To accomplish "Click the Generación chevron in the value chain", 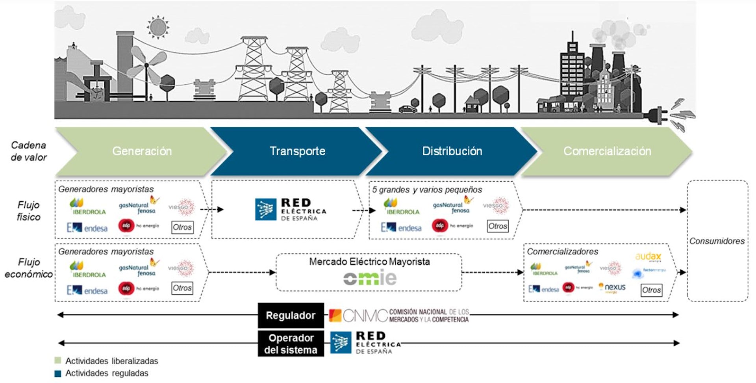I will [x=142, y=151].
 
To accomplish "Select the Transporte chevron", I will [x=297, y=151].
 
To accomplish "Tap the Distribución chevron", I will [x=452, y=151].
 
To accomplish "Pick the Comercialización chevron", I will [x=607, y=151].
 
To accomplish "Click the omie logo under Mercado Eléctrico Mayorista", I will [x=370, y=278].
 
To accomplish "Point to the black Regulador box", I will [x=291, y=315].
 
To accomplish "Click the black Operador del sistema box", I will [x=291, y=344].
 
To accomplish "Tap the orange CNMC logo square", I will [x=335, y=316].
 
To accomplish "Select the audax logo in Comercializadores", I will [x=648, y=257].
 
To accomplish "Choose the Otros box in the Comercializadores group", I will [x=651, y=290].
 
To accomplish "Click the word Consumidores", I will [x=717, y=241].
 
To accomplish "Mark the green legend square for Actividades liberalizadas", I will [x=58, y=361].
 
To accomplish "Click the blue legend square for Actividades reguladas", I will [x=58, y=373].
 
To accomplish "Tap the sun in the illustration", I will [x=158, y=28].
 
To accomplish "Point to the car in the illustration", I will [x=408, y=109].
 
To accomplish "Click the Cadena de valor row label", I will [x=28, y=151].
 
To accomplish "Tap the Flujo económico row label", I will [x=28, y=268].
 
